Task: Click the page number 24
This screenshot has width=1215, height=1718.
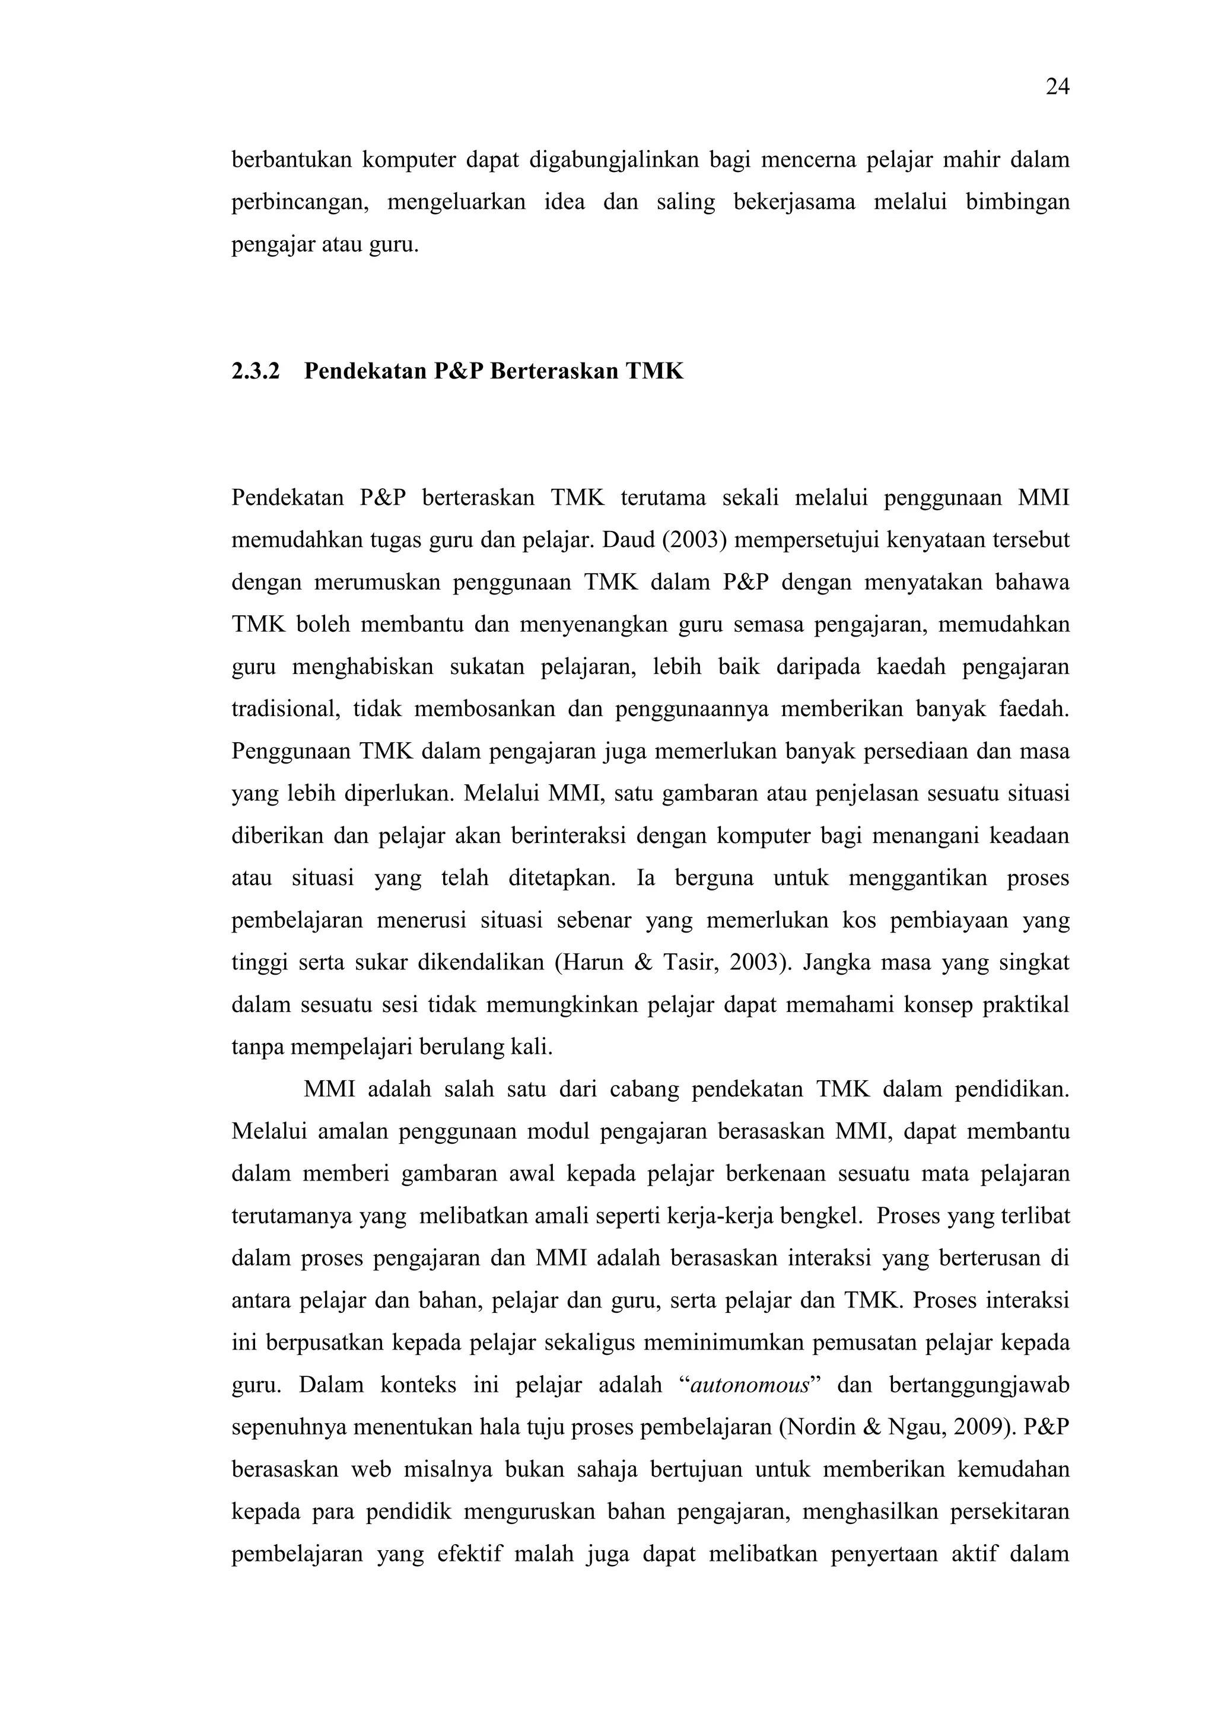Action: pos(1057,88)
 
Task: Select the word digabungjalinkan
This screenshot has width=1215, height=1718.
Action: pos(613,160)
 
